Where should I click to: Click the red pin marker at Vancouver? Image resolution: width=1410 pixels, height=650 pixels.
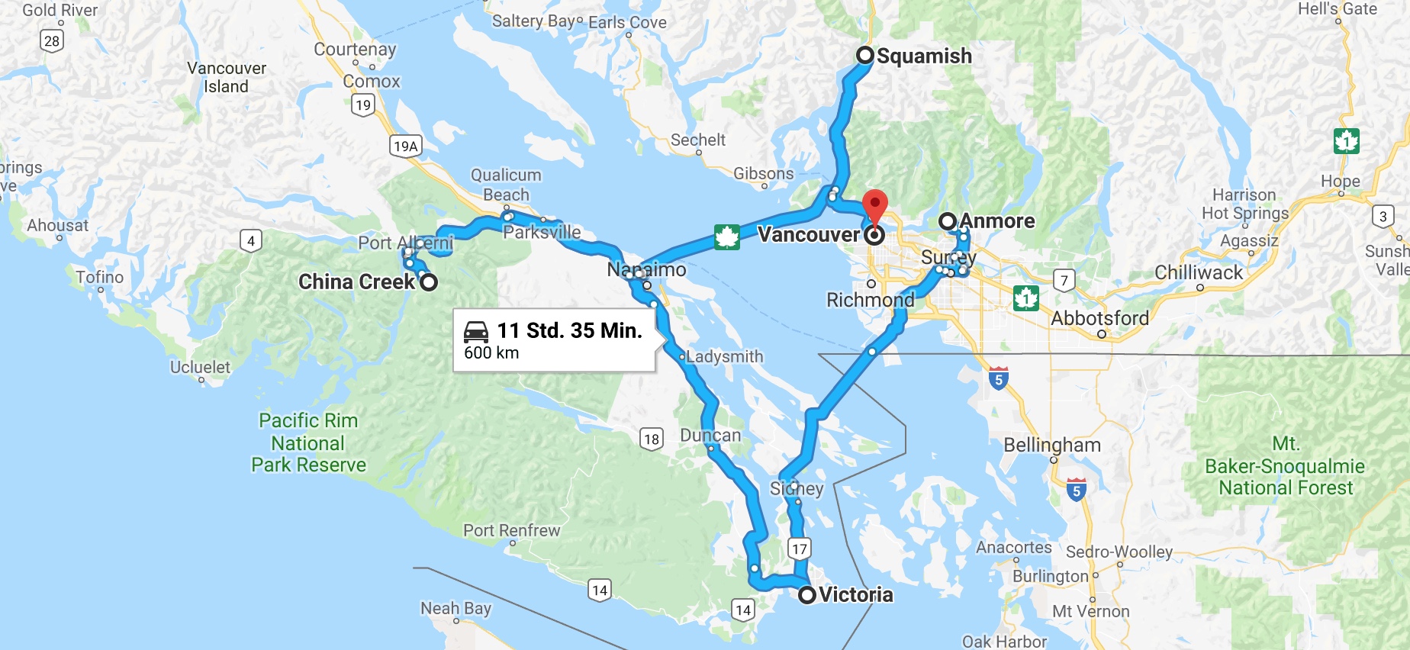(874, 205)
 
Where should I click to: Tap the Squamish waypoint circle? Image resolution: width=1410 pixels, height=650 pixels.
(865, 55)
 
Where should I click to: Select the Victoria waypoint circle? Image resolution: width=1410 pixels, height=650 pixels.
(807, 595)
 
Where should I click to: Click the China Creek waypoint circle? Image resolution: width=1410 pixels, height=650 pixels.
(429, 282)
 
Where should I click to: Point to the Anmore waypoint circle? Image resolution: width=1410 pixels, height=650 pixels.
(948, 221)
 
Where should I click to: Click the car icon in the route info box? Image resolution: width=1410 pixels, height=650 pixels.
(476, 332)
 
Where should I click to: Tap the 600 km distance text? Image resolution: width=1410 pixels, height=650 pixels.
(491, 353)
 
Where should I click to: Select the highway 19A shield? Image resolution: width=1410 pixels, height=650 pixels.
(406, 146)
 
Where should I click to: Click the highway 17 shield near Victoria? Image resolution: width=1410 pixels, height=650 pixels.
(799, 549)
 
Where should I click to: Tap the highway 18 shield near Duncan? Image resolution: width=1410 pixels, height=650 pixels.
(651, 439)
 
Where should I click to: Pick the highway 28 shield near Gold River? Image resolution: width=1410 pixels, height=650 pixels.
(52, 40)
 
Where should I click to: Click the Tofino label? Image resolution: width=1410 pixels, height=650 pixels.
(99, 277)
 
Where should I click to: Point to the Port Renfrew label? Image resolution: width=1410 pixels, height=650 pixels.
(511, 530)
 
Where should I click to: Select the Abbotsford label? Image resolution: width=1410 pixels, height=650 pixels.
(1099, 318)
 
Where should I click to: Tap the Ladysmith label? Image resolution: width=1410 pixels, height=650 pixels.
(724, 356)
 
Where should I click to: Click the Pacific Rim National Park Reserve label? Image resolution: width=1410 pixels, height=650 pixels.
(308, 442)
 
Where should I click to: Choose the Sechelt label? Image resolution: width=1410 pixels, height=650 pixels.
(697, 140)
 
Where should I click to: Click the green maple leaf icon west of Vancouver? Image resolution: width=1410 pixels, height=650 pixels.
(726, 237)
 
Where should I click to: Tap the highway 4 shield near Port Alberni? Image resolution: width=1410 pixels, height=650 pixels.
(251, 241)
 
